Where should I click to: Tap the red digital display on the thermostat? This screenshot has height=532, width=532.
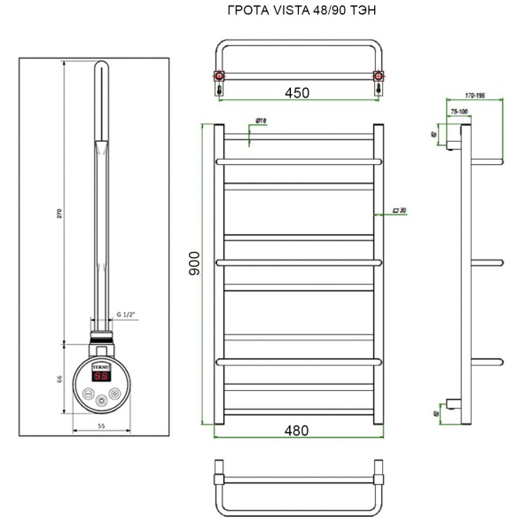click(x=102, y=376)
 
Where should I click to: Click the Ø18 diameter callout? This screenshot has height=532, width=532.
click(x=262, y=120)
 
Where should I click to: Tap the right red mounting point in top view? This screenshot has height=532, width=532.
click(x=379, y=77)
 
